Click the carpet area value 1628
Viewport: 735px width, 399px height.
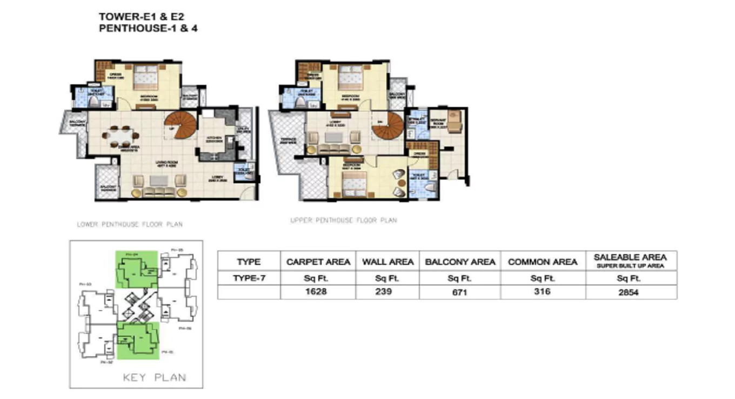318,292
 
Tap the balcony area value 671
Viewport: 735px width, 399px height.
460,292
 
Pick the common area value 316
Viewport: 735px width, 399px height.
543,291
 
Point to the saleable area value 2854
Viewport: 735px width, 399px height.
630,292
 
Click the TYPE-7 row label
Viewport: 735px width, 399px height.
249,278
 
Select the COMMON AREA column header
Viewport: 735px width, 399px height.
543,262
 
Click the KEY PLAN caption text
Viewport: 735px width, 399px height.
155,377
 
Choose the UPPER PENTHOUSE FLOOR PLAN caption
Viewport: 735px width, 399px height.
343,221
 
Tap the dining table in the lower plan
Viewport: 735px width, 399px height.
118,136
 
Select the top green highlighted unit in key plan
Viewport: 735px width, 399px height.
137,269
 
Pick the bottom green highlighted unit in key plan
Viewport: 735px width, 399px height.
138,340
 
